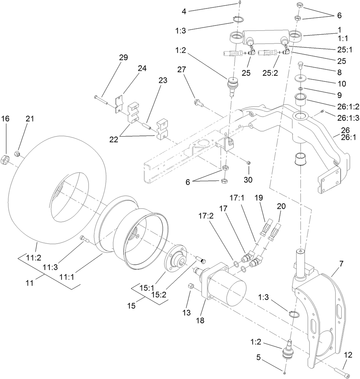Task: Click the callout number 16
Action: coord(6,119)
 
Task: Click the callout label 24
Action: coord(132,69)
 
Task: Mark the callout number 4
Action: coord(184,11)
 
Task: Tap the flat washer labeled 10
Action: coord(300,78)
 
